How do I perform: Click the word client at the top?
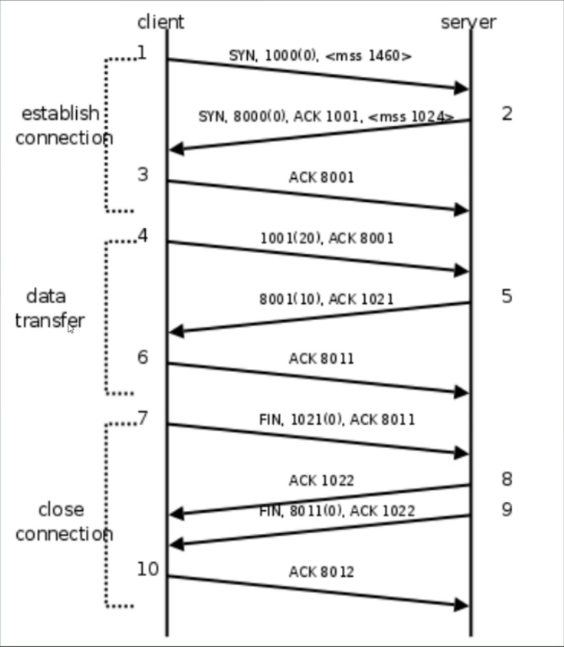coord(160,22)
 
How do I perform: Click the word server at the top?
coord(468,22)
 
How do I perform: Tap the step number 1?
coord(142,53)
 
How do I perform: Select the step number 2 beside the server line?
coord(506,114)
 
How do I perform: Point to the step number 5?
coord(506,296)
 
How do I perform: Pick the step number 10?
coord(148,569)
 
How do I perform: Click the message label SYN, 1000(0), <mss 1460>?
coord(320,56)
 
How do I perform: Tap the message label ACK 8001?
coord(321,177)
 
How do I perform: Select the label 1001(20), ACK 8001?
coord(327,238)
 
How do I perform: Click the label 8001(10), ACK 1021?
coord(326,299)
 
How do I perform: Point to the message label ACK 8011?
coord(321,359)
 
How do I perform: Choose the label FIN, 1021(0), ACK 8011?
coord(337,419)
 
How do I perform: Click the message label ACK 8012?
coord(321,572)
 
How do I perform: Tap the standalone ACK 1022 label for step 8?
coord(321,481)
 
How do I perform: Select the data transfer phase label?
coord(49,308)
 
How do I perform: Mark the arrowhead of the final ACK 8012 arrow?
coord(461,605)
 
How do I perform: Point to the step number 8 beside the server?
coord(506,479)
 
